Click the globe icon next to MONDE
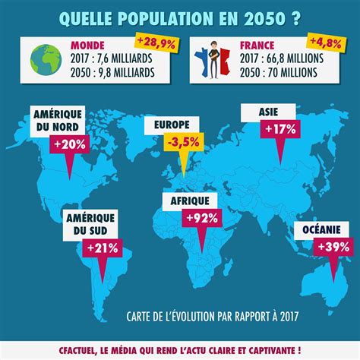coord(46,60)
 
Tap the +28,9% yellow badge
coord(156,43)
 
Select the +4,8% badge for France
coord(326,43)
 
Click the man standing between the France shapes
coord(214,60)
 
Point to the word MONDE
coord(87,46)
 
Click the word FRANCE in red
coord(257,46)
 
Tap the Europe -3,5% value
coord(184,142)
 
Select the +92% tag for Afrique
coord(202,218)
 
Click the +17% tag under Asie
coord(280,129)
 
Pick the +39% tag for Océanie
coord(333,247)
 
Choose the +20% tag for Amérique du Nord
coord(70,144)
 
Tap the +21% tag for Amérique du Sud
coord(103,248)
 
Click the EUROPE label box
coord(172,125)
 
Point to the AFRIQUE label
coord(190,201)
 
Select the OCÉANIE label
coord(321,230)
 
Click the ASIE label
coord(268,112)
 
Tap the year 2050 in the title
coord(264,18)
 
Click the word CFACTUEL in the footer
coord(77,351)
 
